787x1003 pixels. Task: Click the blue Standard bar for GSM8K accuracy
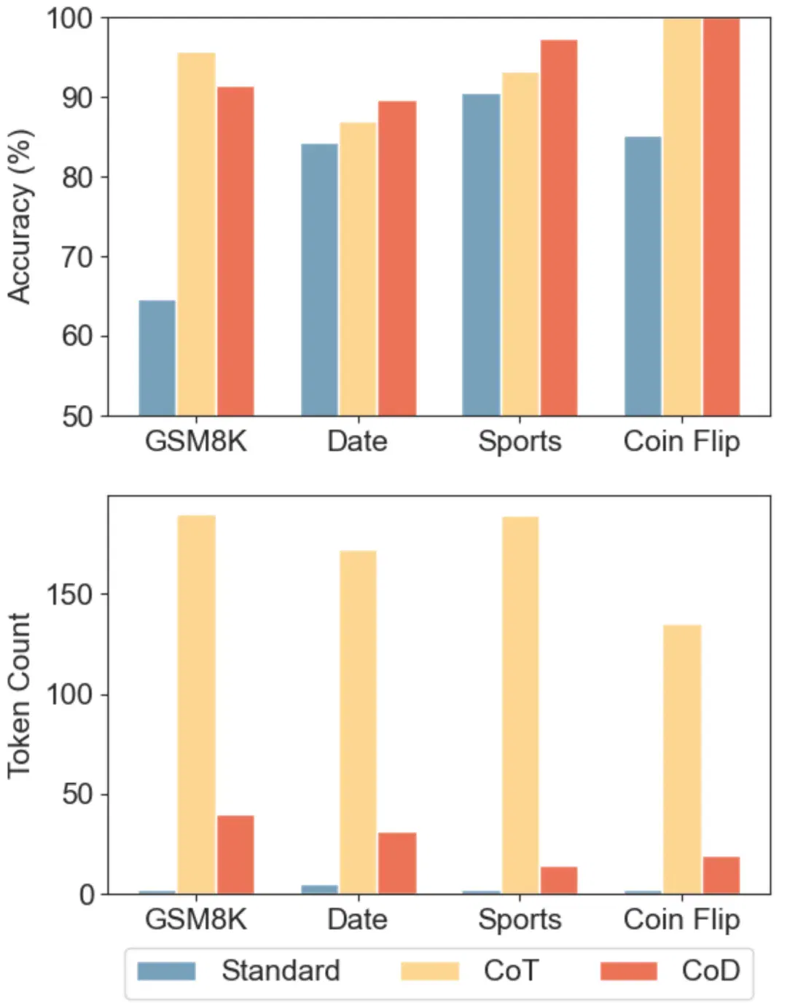pyautogui.click(x=157, y=358)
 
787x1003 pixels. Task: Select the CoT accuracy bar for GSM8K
pyautogui.click(x=197, y=235)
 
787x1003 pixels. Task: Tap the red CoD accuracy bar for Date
pyautogui.click(x=397, y=259)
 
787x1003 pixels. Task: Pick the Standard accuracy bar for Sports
pyautogui.click(x=482, y=255)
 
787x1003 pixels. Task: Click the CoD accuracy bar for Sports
pyautogui.click(x=559, y=228)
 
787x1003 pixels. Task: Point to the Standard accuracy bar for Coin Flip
pyautogui.click(x=643, y=277)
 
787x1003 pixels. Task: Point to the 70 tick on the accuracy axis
pyautogui.click(x=77, y=256)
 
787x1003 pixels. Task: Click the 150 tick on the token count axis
pyautogui.click(x=70, y=594)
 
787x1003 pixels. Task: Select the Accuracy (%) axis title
pyautogui.click(x=20, y=216)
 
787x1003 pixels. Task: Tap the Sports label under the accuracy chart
pyautogui.click(x=520, y=442)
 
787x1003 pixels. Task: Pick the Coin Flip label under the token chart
pyautogui.click(x=682, y=920)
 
